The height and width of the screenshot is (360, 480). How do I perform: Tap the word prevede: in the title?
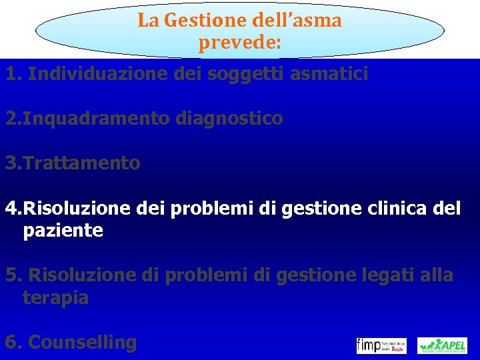[x=240, y=44]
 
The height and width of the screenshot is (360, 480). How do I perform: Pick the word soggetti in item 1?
[x=243, y=74]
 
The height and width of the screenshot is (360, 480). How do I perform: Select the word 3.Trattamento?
[x=73, y=163]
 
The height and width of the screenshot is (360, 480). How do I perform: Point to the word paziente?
[x=63, y=231]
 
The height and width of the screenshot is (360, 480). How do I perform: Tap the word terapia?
[x=55, y=297]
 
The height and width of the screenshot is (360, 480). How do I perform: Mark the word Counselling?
[x=83, y=343]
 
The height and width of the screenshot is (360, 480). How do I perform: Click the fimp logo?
[x=381, y=345]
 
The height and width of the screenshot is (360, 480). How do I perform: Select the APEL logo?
[x=442, y=345]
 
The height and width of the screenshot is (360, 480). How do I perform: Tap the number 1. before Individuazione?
[x=14, y=73]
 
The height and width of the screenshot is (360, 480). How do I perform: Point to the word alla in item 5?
[x=435, y=275]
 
